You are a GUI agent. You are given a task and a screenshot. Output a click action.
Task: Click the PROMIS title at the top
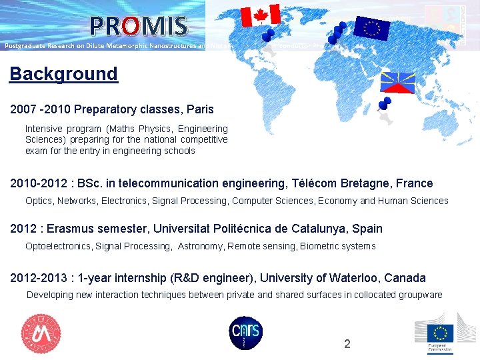(x=139, y=26)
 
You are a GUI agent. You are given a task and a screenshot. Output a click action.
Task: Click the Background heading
(x=63, y=74)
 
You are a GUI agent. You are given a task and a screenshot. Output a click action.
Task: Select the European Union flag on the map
(x=371, y=27)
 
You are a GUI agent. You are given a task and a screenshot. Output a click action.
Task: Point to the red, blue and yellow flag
(x=397, y=82)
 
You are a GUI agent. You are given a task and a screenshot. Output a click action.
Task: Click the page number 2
(x=347, y=344)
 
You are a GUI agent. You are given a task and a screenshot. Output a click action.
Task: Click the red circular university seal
(x=41, y=333)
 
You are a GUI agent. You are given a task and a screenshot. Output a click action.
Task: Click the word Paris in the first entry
(x=200, y=108)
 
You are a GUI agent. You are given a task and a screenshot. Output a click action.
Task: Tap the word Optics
(x=39, y=201)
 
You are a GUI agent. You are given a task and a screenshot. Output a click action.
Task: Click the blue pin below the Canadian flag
(x=268, y=35)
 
